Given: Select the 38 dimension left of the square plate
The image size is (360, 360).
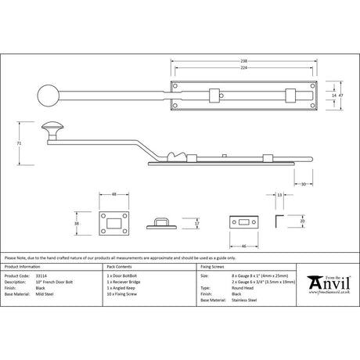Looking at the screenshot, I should tap(77, 222).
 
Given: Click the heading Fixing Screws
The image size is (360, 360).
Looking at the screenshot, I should tap(213, 266).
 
